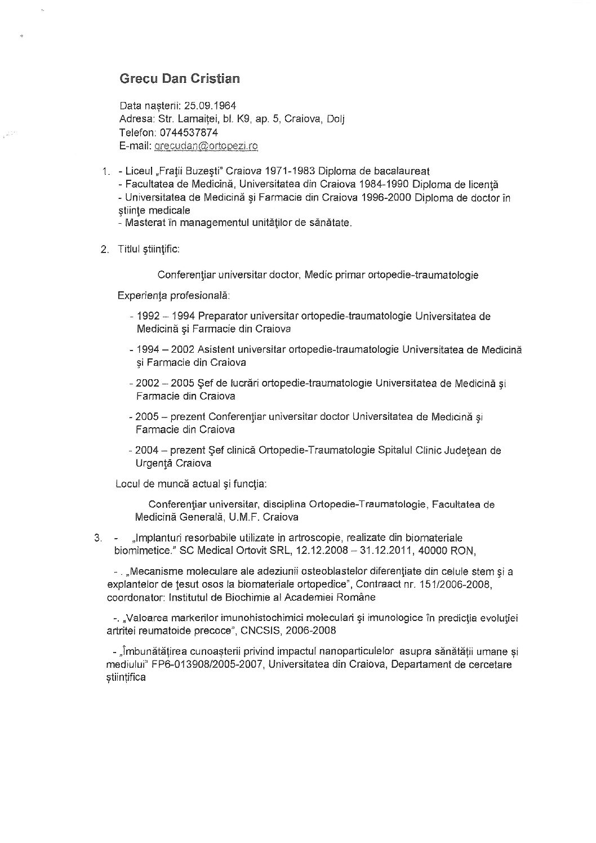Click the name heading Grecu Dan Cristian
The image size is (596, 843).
[180, 79]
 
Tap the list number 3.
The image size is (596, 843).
[98, 538]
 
